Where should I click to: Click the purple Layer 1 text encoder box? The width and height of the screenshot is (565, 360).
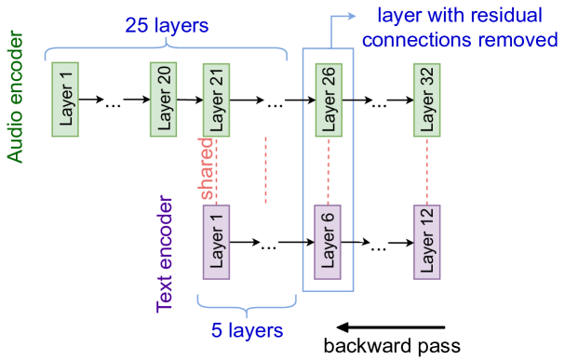coord(218,242)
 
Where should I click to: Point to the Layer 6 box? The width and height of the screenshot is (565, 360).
coord(328,242)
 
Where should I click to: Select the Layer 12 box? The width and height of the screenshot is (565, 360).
coord(427,242)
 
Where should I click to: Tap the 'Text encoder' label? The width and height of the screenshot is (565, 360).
coord(166,253)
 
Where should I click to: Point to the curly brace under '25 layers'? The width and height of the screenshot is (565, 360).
coord(168,47)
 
